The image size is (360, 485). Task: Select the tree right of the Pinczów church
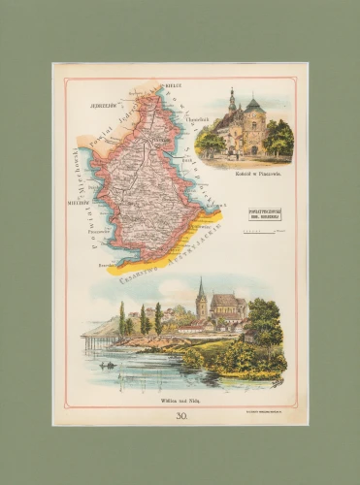(278, 138)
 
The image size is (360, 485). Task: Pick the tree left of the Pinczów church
(210, 143)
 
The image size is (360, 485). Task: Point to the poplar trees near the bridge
(146, 320)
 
